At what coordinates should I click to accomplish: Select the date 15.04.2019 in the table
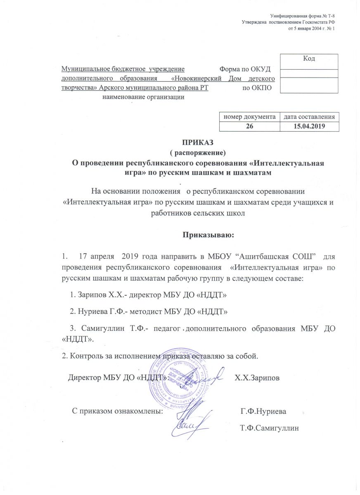click(x=309, y=126)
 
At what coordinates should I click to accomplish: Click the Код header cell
click(x=309, y=59)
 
